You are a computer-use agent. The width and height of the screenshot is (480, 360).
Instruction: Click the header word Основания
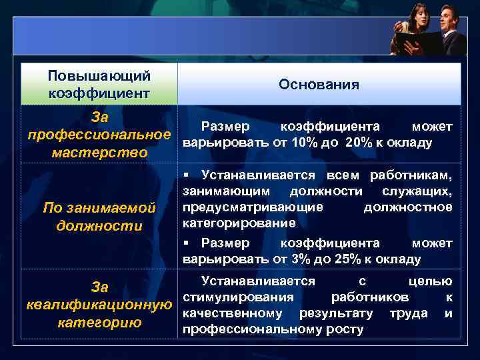tap(319, 85)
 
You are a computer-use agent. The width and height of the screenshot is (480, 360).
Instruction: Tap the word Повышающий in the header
tap(99, 76)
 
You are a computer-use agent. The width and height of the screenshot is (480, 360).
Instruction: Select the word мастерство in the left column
tap(99, 153)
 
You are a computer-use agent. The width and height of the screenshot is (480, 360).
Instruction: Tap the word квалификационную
tap(99, 305)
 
